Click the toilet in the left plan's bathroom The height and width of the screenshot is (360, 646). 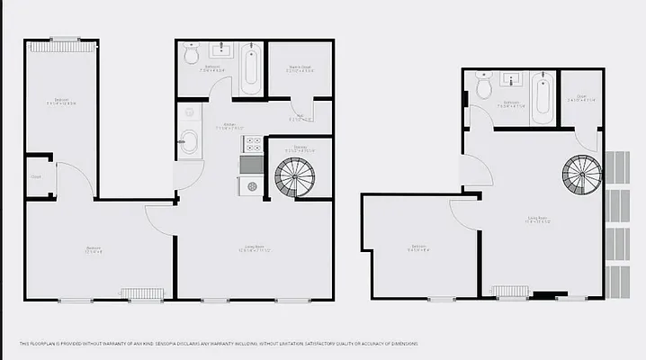coord(191,55)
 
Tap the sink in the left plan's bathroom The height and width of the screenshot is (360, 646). coord(220,51)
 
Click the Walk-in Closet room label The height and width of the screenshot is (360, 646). coord(301,67)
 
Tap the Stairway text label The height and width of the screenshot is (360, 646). coord(301,149)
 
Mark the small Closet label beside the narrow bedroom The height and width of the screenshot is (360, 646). coord(37,176)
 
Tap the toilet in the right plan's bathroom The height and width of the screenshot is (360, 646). coord(484,87)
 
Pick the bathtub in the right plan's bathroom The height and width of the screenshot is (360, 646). coord(542,99)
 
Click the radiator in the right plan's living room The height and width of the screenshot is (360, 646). coord(509,291)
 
